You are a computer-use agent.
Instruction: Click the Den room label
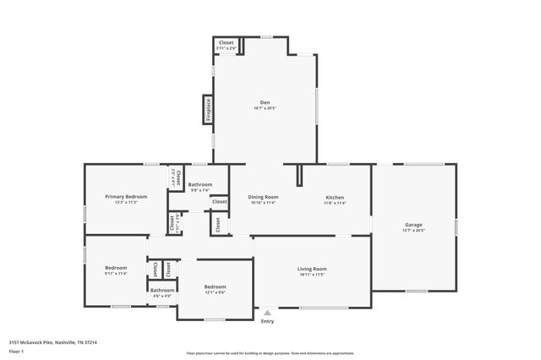265,102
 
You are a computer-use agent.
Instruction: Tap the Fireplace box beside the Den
206,110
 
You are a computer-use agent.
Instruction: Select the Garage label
413,224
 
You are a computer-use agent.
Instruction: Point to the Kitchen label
335,197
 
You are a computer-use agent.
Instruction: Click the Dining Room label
264,197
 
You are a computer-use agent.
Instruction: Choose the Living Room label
312,269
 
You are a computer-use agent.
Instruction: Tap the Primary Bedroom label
120,196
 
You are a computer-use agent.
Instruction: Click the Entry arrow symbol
267,313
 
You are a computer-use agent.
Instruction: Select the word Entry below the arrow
267,321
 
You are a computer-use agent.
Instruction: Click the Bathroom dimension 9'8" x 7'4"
199,190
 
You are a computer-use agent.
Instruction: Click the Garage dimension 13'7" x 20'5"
413,230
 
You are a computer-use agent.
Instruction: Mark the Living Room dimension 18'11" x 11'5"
312,275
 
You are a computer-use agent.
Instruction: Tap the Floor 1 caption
16,350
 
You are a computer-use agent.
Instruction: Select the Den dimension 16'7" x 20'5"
265,108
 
